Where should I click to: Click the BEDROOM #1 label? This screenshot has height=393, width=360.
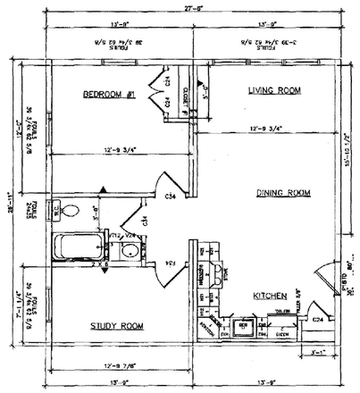click(x=109, y=95)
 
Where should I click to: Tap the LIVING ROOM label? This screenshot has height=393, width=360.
click(x=273, y=90)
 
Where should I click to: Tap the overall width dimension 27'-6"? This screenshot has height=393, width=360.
click(x=179, y=6)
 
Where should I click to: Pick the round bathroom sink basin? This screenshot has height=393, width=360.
click(x=130, y=251)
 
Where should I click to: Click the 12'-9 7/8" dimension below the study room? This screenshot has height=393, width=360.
click(x=118, y=365)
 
